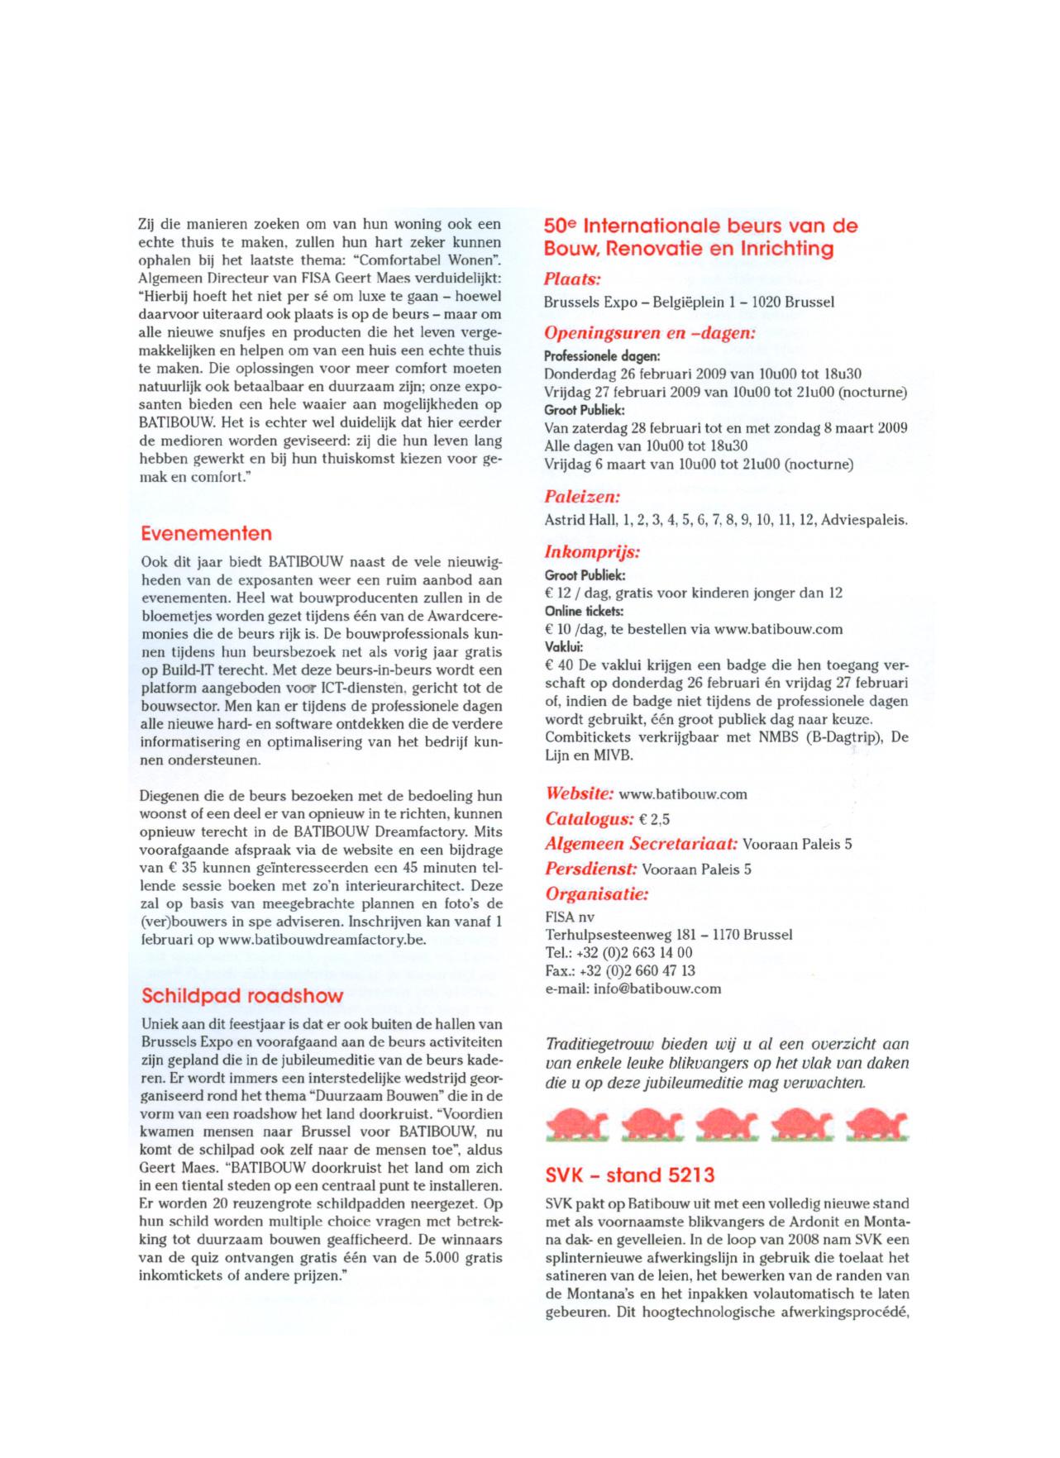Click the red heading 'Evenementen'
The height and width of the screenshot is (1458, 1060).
[206, 533]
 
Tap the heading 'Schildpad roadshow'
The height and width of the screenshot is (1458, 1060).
[241, 995]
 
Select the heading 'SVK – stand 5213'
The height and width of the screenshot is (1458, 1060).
[629, 1174]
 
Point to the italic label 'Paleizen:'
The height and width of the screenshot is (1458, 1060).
[582, 498]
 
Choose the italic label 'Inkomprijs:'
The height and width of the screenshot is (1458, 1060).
[592, 552]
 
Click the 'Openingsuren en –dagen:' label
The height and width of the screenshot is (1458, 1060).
[649, 334]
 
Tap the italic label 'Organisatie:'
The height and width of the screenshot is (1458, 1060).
[596, 894]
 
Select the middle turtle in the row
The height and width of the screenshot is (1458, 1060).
[726, 1125]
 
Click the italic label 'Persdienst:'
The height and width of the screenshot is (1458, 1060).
[590, 870]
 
